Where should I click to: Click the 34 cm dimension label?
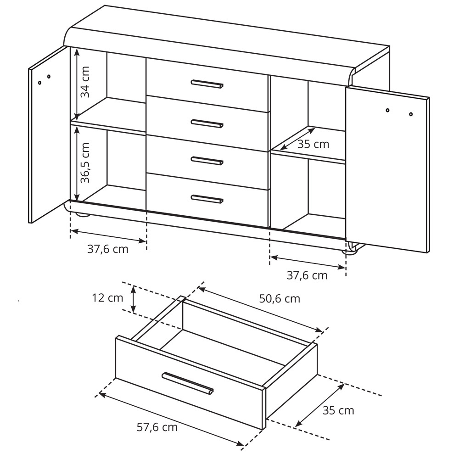point(86,82)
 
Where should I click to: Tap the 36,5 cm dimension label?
point(85,163)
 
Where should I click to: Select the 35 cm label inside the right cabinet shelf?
point(313,144)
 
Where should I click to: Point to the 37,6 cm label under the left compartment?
point(108,249)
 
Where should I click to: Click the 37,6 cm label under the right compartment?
point(307,275)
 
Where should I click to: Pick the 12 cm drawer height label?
point(107,298)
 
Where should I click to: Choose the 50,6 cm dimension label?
point(280,299)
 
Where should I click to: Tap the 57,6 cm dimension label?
point(157,427)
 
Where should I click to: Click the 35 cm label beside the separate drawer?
point(338,411)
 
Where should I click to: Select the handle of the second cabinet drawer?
point(207,123)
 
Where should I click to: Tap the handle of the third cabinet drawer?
point(207,161)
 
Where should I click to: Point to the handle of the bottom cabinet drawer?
point(207,199)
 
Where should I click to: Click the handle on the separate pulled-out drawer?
point(188,383)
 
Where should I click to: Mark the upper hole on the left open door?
point(49,77)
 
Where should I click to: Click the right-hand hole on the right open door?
point(411,114)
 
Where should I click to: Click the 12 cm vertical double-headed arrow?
point(134,299)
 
